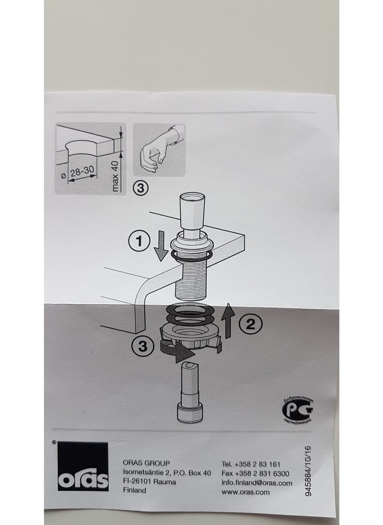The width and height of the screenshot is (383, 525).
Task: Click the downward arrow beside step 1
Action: point(162,246)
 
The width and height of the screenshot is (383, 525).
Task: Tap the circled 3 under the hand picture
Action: point(141,188)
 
